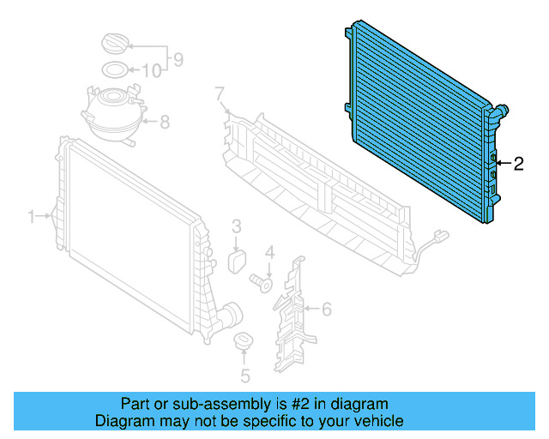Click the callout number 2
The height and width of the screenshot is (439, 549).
click(x=518, y=163)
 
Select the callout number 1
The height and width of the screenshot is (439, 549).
click(x=32, y=217)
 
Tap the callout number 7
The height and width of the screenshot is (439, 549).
click(x=219, y=92)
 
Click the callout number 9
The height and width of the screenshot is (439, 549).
click(x=178, y=59)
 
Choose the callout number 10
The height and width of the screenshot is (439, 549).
click(x=150, y=70)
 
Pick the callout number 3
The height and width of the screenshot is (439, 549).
click(x=237, y=226)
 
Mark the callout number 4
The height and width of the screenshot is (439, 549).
click(x=268, y=252)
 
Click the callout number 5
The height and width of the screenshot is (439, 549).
click(x=244, y=375)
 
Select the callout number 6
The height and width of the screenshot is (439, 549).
click(x=326, y=308)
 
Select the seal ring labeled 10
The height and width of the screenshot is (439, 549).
click(x=116, y=69)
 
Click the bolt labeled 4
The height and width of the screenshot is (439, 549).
click(x=261, y=280)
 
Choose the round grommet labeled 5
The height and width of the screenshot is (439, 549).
click(x=244, y=342)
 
